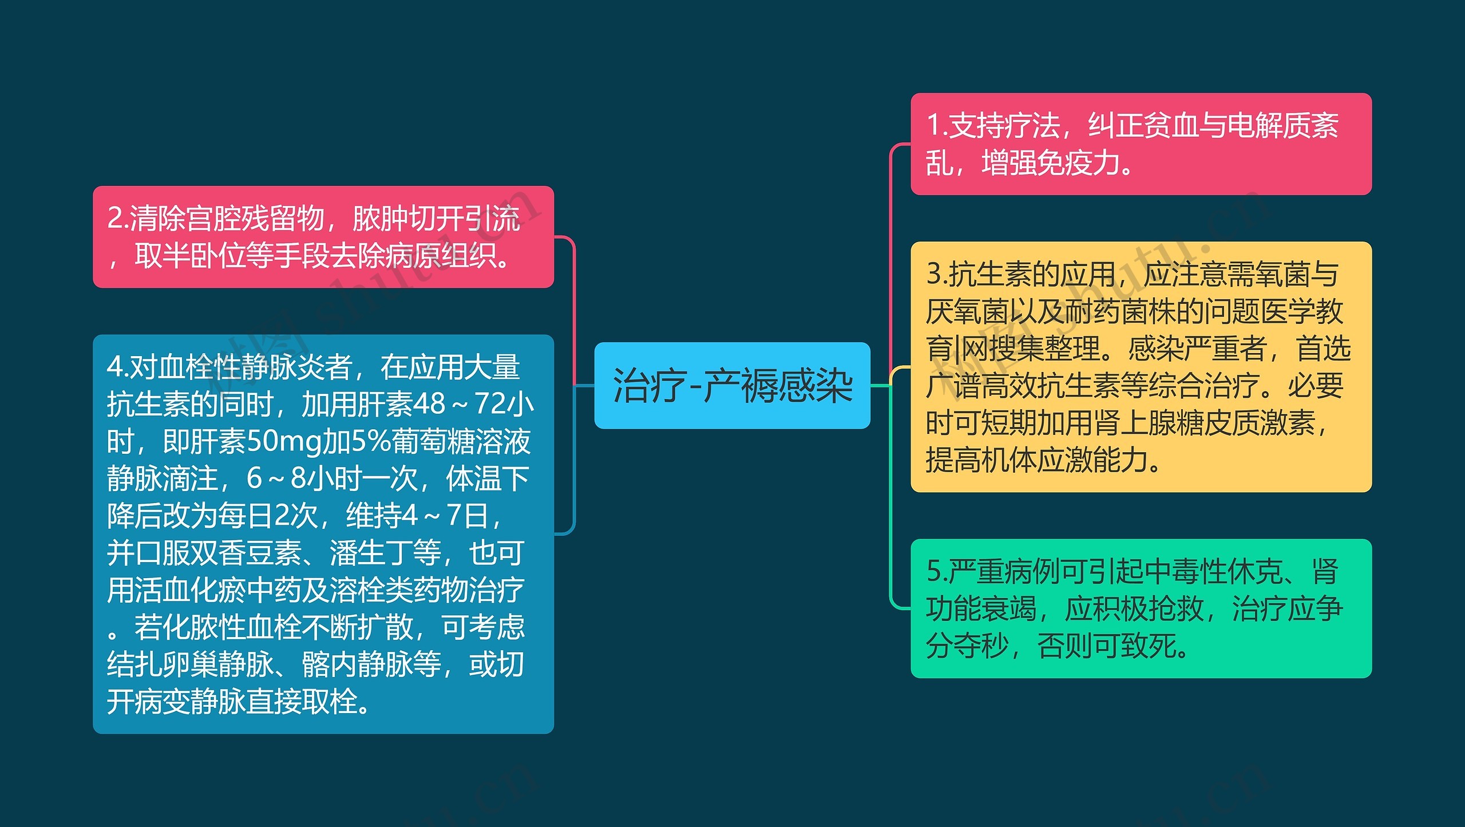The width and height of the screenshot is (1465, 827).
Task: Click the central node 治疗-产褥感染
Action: point(732,386)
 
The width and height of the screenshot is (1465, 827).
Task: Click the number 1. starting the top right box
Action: point(937,126)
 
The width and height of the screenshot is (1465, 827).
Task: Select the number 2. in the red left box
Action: point(118,219)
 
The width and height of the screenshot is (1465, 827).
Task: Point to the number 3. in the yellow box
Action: point(937,274)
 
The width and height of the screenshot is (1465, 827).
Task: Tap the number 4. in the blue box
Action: point(118,367)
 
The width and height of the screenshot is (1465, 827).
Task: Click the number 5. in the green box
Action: point(937,571)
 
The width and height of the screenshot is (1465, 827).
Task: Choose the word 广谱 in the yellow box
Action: point(953,386)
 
